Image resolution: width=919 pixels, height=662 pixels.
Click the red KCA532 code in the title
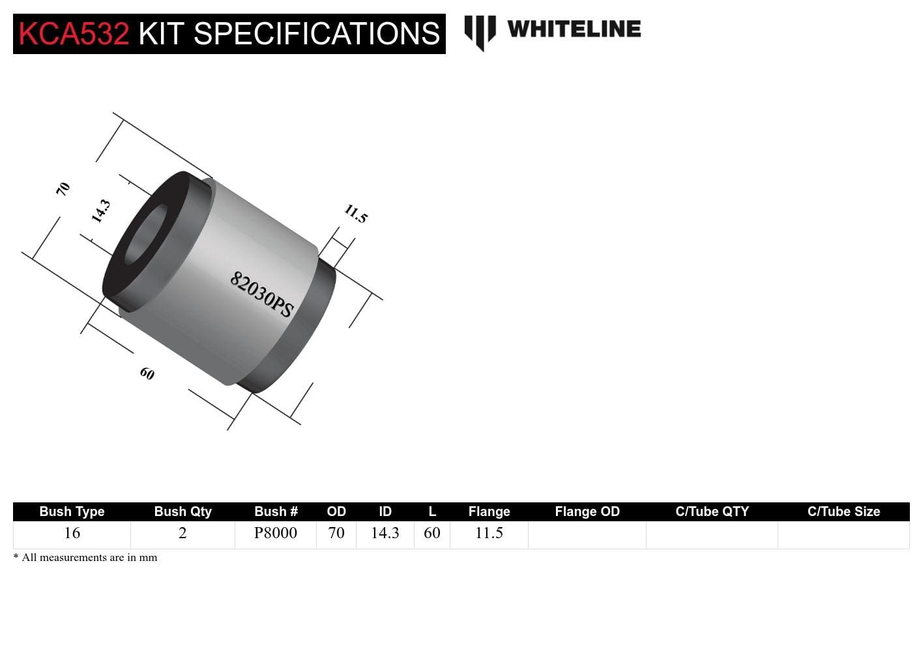pos(74,34)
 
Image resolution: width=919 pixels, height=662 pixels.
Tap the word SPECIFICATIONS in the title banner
pos(317,34)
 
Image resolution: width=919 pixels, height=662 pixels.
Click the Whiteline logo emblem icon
pos(480,31)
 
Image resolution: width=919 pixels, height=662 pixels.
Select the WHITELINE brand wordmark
pos(574,29)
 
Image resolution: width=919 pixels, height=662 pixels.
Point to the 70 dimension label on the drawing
pos(63,189)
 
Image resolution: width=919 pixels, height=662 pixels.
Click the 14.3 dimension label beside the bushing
pos(100,211)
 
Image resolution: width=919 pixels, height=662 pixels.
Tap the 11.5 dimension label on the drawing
pos(356,214)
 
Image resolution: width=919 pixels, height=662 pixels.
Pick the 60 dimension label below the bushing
pos(147,373)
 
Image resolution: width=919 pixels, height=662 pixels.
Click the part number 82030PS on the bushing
pos(261,295)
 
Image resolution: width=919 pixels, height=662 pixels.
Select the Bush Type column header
pos(72,511)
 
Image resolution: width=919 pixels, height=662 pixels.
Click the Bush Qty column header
pos(182,511)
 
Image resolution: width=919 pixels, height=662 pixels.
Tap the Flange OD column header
pos(587,511)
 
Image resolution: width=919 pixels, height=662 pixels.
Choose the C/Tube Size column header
pos(843,511)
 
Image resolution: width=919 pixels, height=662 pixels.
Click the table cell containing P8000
pos(275,533)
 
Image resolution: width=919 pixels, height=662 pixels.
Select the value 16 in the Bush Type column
pos(72,533)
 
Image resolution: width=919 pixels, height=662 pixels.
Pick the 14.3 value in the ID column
pos(385,533)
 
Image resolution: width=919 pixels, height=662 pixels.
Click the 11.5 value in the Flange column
pos(489,533)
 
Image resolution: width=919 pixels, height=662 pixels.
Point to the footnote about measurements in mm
pos(85,558)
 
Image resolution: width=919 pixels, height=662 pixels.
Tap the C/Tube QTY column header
pos(712,511)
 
